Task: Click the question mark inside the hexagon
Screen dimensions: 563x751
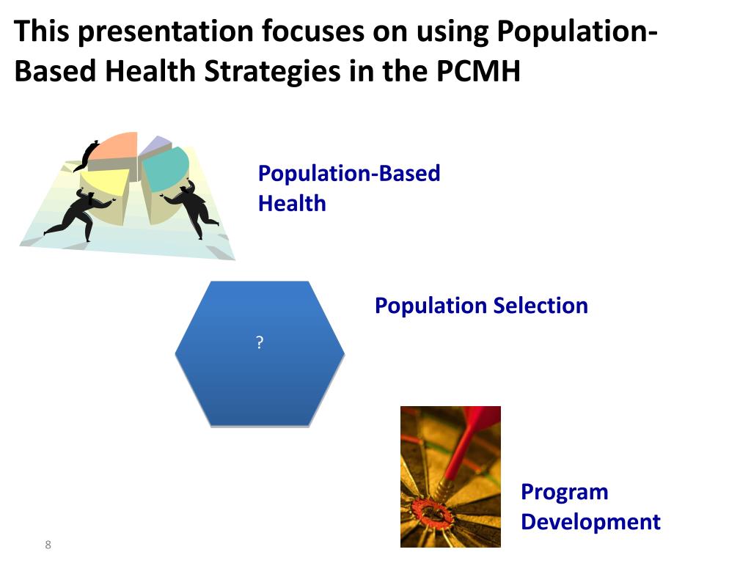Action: click(260, 342)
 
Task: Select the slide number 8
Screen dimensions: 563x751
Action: click(48, 544)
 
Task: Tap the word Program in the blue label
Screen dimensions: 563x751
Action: click(564, 491)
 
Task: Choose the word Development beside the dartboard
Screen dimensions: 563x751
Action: click(590, 522)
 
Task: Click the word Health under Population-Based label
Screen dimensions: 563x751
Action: click(291, 203)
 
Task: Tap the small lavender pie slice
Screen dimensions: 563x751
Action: click(154, 145)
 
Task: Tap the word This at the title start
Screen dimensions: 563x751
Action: click(42, 32)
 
